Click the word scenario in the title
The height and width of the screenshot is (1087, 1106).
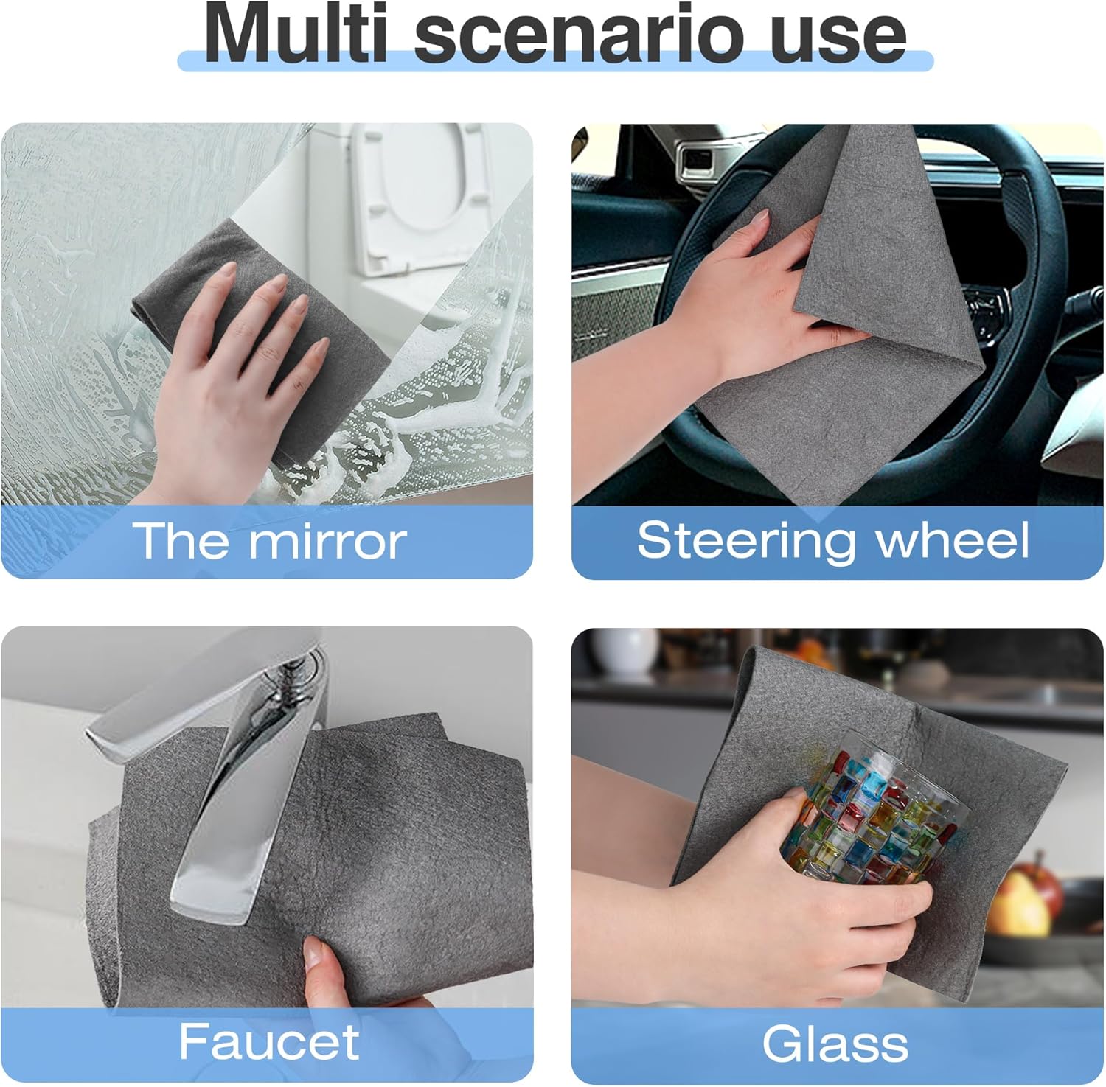pos(582,35)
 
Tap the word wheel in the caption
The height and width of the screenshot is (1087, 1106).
pos(951,540)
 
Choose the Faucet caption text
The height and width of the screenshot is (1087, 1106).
pos(269,1041)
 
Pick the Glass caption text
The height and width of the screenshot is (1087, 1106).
pos(835,1044)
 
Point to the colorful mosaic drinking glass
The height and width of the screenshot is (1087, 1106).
pos(874,818)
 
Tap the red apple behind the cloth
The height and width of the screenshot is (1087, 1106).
pos(1036,895)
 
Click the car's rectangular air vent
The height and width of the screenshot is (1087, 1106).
pos(697,157)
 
